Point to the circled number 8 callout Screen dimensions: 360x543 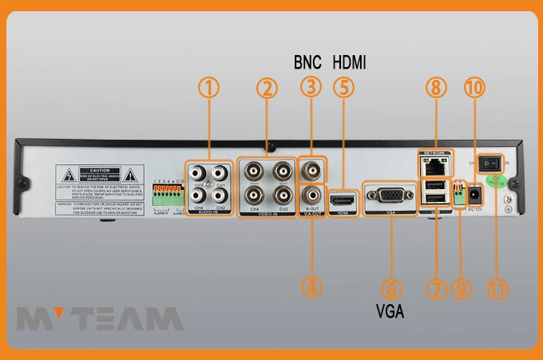click(434, 89)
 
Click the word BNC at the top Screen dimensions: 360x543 click(309, 61)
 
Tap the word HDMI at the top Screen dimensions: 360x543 click(349, 61)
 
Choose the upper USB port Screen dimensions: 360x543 click(434, 188)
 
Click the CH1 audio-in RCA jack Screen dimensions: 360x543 click(220, 172)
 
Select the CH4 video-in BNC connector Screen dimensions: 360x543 click(255, 195)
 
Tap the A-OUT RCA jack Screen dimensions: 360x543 click(312, 195)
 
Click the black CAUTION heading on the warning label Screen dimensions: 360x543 click(99, 171)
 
